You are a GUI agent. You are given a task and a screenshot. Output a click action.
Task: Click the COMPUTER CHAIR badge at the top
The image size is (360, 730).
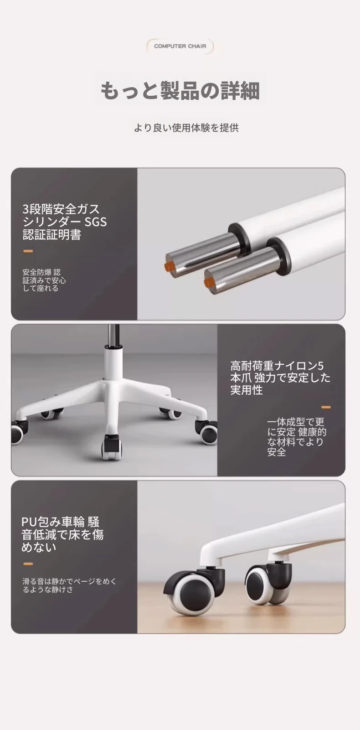coord(180,46)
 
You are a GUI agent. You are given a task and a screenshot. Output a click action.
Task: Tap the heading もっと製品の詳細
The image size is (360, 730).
coord(180,90)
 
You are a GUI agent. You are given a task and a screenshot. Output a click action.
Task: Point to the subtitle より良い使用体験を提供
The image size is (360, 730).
coord(186,128)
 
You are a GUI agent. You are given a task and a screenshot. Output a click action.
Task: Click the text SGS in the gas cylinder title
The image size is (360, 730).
coord(96,222)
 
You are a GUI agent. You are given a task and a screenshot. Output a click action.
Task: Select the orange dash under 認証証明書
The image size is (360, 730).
coord(28,251)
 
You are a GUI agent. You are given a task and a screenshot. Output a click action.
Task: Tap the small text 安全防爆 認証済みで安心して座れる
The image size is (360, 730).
coord(44,280)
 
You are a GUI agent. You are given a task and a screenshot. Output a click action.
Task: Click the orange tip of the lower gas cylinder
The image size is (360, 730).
coord(208,283)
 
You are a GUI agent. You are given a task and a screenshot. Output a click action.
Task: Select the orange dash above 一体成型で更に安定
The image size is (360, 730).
coord(326,407)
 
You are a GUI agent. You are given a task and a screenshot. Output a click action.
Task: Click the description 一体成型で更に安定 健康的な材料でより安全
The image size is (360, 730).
coord(297,437)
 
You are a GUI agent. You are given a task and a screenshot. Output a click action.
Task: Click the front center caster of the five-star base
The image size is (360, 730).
coord(111,447)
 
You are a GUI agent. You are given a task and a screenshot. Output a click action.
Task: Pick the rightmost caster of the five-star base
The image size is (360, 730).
coord(206,430)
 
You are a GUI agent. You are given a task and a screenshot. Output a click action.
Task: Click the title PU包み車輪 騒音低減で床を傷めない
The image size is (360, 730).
coord(62,534)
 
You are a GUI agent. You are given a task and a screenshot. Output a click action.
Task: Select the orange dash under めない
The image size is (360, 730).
coord(28,564)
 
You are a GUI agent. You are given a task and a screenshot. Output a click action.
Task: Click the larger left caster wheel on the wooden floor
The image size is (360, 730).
coord(191,594)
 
